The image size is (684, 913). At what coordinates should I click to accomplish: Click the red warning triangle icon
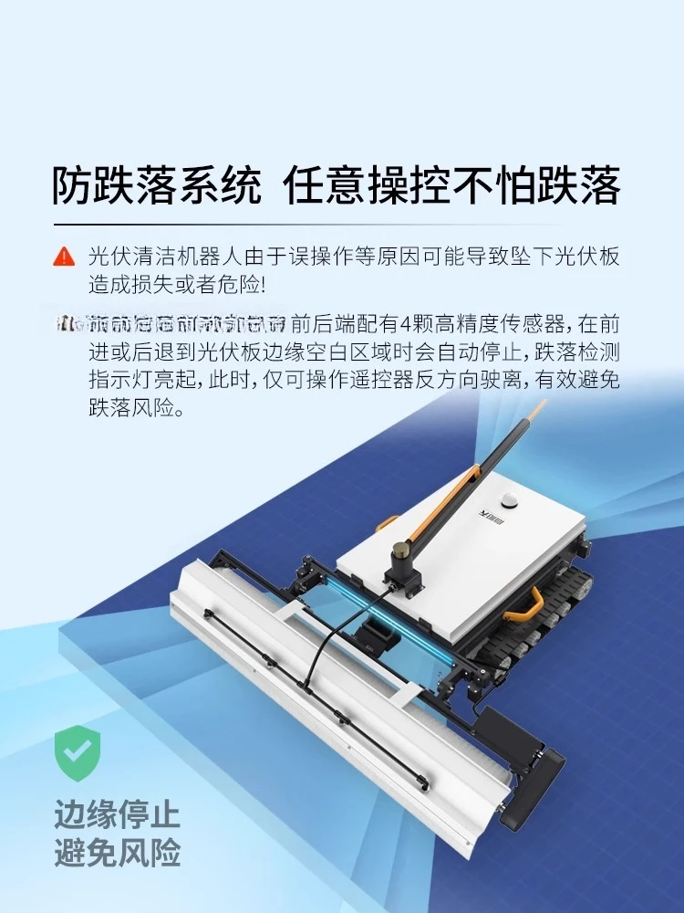(64, 257)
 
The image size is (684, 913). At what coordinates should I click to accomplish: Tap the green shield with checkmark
(77, 754)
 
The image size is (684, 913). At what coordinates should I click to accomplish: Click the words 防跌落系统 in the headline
(156, 185)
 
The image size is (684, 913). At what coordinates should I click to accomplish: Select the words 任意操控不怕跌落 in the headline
(452, 185)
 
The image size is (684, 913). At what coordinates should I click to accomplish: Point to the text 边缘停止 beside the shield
(116, 813)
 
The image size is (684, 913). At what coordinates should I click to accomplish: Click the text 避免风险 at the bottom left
(116, 854)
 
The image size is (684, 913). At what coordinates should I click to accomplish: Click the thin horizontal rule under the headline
(306, 225)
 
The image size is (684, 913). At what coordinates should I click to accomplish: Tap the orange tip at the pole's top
(540, 405)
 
